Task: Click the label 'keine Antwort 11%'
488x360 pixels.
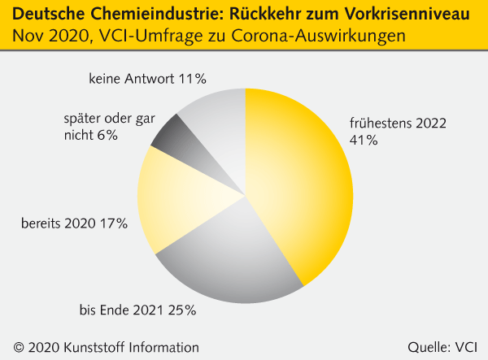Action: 146,79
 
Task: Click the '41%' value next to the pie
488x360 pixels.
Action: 363,141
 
